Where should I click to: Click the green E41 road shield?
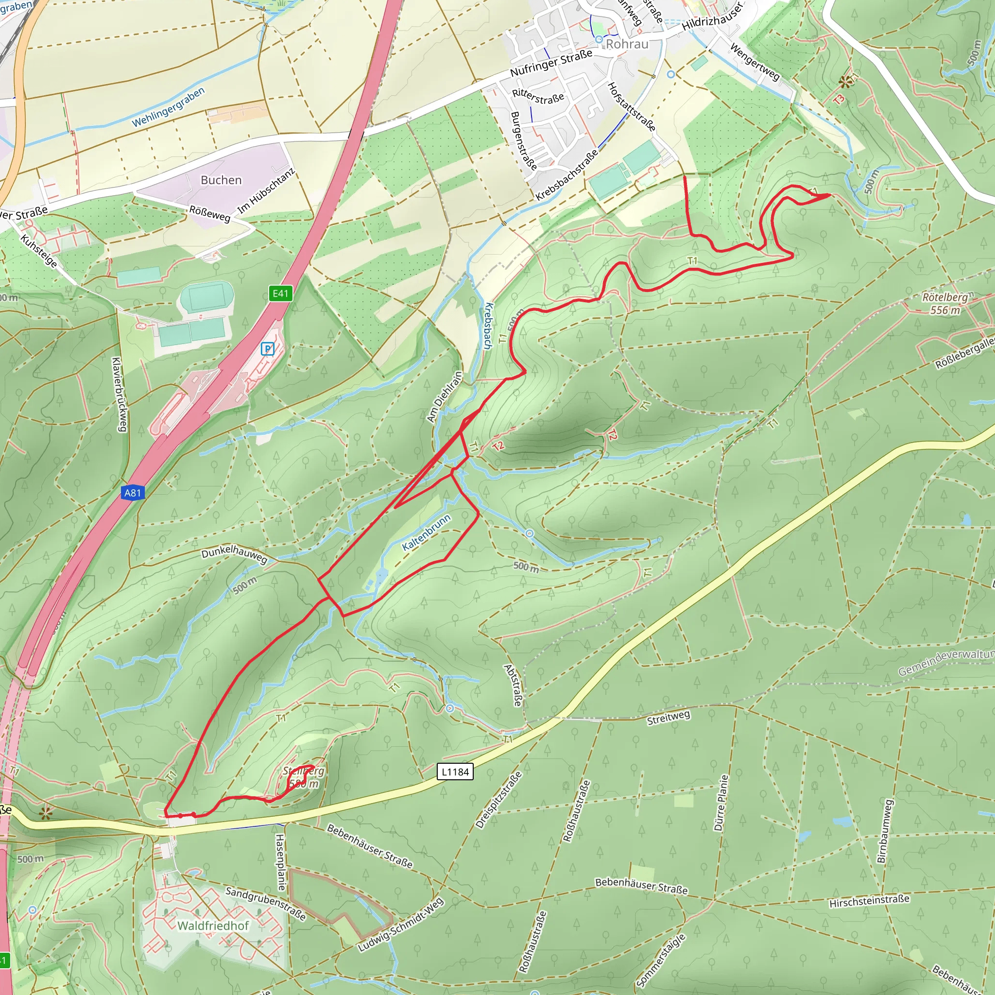point(281,293)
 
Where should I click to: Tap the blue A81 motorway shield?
point(132,493)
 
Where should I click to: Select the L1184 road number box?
point(455,772)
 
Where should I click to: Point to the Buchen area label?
point(221,180)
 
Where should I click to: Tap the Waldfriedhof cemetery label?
point(213,926)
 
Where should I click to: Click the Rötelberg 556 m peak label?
point(944,304)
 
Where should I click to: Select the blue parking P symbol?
point(267,349)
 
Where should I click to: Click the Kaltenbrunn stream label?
point(427,532)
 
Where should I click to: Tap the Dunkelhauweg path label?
point(234,554)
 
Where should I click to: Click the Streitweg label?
point(668,718)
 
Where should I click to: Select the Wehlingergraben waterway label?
point(169,107)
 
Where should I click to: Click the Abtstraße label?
point(513,685)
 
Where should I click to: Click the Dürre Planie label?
point(721,803)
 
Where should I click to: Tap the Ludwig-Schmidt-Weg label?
point(400,925)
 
